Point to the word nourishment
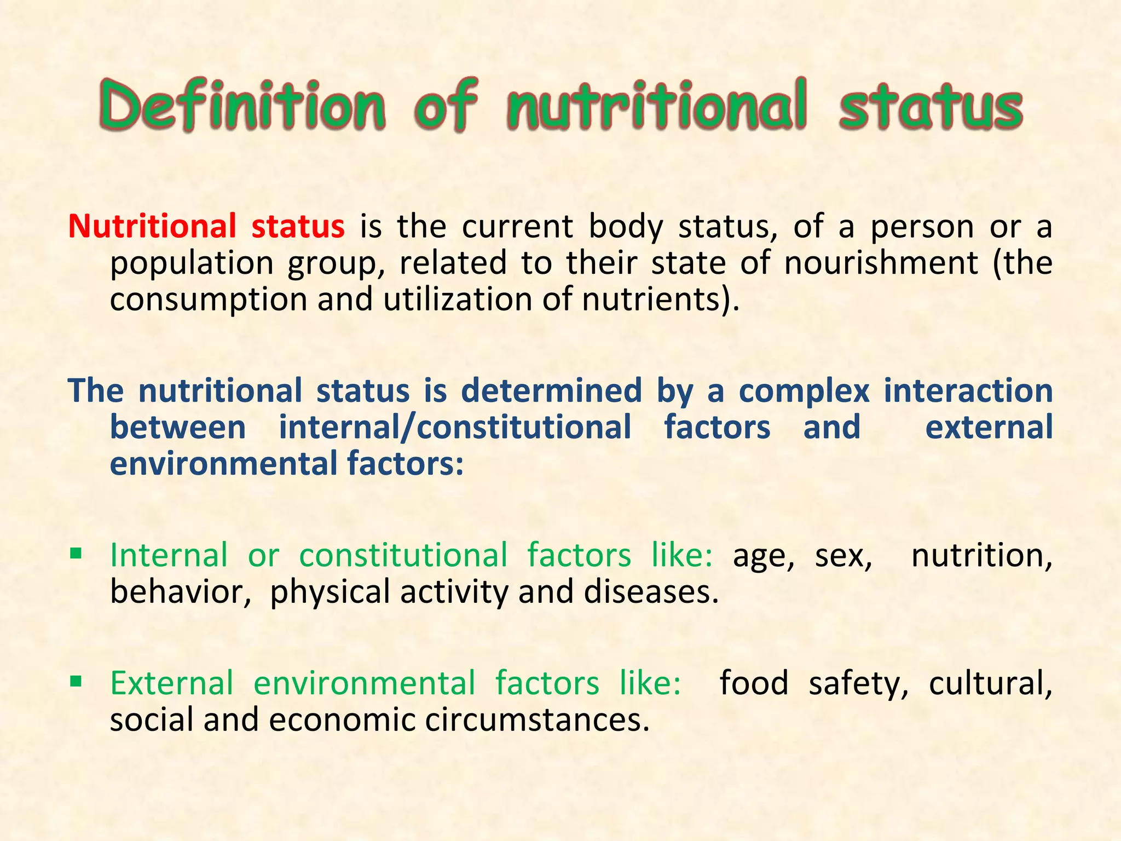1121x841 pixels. point(881,263)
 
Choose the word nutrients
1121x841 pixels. point(651,299)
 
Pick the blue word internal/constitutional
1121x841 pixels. point(455,427)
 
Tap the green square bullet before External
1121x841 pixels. point(76,681)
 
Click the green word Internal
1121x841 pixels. point(169,555)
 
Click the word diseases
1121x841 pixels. point(651,592)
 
